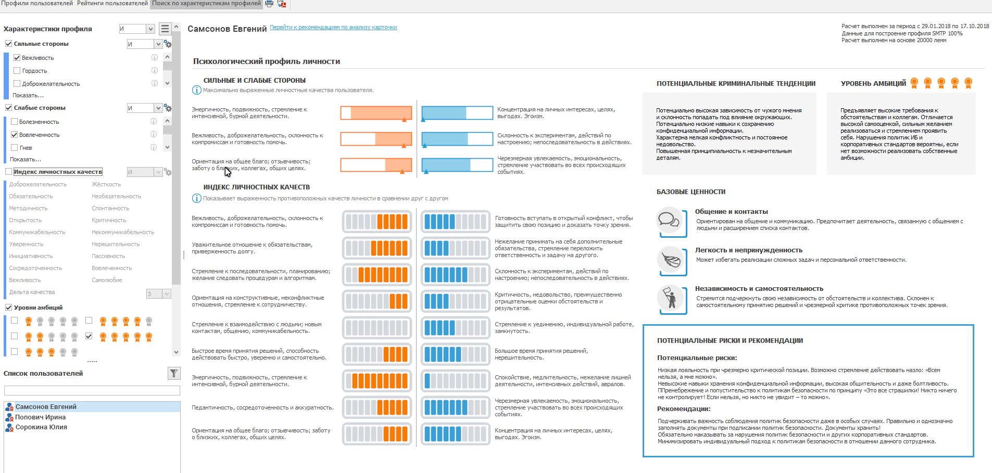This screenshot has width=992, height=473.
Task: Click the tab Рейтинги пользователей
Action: [x=112, y=4]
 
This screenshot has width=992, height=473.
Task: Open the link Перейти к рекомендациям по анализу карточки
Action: [x=333, y=28]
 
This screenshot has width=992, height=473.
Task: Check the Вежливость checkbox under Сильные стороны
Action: [x=17, y=58]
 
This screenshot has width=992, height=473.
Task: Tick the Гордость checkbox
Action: [x=17, y=71]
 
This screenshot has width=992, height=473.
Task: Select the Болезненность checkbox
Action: [x=15, y=122]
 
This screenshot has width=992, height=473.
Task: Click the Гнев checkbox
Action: [x=15, y=148]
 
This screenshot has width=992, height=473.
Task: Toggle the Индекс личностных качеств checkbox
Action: [x=8, y=172]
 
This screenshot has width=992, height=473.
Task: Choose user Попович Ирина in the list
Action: [x=41, y=417]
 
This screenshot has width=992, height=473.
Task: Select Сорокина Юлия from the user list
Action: [x=41, y=427]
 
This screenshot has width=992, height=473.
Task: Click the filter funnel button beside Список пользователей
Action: [x=174, y=373]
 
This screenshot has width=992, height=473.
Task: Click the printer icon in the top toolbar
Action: [x=269, y=4]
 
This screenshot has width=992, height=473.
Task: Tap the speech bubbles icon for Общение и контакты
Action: [x=669, y=221]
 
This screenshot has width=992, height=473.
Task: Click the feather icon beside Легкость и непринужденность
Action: [x=670, y=260]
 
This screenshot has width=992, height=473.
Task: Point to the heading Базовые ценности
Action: [x=691, y=192]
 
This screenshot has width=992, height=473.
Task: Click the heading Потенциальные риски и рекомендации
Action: [x=730, y=341]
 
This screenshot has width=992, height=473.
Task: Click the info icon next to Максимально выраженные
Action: [x=197, y=91]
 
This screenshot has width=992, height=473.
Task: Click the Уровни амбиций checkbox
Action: [x=8, y=308]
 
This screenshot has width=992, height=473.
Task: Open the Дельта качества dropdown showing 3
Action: [x=167, y=294]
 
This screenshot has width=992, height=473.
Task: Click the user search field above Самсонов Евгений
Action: [x=92, y=391]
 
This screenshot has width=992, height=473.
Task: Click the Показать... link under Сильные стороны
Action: [x=28, y=96]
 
